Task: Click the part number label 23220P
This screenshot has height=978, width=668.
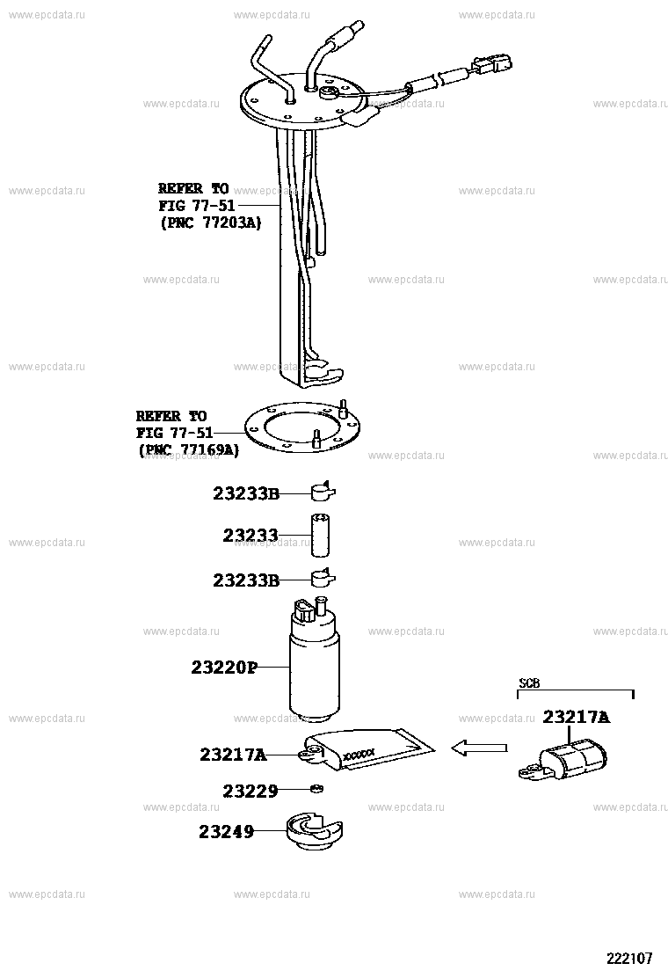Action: (224, 668)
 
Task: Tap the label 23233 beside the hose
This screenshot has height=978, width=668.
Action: (250, 535)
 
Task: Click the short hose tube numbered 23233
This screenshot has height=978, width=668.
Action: (320, 535)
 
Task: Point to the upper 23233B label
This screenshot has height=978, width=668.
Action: (245, 493)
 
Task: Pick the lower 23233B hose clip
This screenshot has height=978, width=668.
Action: (323, 579)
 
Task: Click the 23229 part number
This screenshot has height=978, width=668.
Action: (250, 791)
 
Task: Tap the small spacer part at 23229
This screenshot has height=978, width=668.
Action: (317, 790)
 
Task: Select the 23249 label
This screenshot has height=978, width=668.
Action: (226, 831)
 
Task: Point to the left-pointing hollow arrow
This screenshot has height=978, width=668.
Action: (478, 748)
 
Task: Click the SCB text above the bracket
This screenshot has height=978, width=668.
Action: (529, 683)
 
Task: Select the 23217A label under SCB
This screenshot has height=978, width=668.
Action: (577, 718)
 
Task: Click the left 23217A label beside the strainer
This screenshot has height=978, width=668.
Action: (233, 755)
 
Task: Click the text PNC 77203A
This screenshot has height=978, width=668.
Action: (211, 223)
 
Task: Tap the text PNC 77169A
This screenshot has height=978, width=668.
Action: (190, 450)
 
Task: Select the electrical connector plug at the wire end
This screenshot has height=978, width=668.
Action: (491, 63)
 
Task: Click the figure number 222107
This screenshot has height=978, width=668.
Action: (630, 958)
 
